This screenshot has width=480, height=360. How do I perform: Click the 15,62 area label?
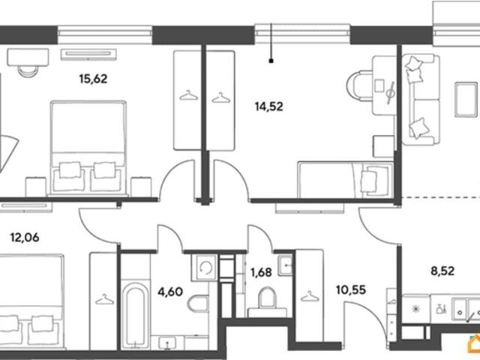93,79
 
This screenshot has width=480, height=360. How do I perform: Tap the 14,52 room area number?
268,106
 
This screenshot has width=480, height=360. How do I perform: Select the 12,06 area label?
25,237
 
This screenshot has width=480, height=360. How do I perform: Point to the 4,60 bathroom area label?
170,292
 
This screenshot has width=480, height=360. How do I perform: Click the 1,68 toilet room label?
261,272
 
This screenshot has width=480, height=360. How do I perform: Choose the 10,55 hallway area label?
351,289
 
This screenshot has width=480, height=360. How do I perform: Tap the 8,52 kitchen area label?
442,271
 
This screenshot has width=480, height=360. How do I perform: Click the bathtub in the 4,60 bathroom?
135,315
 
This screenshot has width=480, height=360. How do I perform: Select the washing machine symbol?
204,268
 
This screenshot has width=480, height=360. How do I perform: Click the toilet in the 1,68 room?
267,301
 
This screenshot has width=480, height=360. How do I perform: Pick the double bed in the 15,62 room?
88,148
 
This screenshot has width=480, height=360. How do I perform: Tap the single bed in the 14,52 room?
346,180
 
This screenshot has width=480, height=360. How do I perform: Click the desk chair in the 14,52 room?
359,85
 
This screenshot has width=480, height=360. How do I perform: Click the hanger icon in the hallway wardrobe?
310,296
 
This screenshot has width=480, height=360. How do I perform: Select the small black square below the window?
271,61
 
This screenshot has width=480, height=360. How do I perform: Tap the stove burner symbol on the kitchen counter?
415,309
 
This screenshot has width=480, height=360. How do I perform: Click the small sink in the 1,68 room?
285,265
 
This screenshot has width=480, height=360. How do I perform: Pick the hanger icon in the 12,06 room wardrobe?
104,299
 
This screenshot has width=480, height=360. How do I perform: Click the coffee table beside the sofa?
466,99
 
